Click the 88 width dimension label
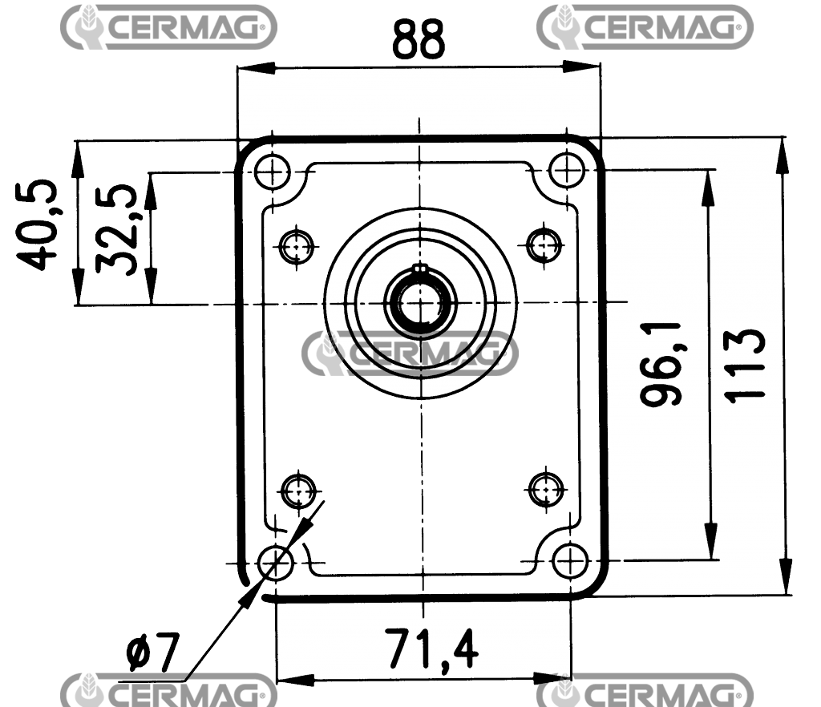(x=418, y=39)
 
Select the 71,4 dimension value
(x=431, y=649)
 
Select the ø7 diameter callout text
(x=152, y=653)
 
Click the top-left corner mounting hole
(x=273, y=170)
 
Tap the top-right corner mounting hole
(x=566, y=169)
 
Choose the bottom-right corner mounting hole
(x=570, y=561)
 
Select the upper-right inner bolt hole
(x=545, y=244)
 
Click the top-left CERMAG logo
(x=169, y=27)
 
